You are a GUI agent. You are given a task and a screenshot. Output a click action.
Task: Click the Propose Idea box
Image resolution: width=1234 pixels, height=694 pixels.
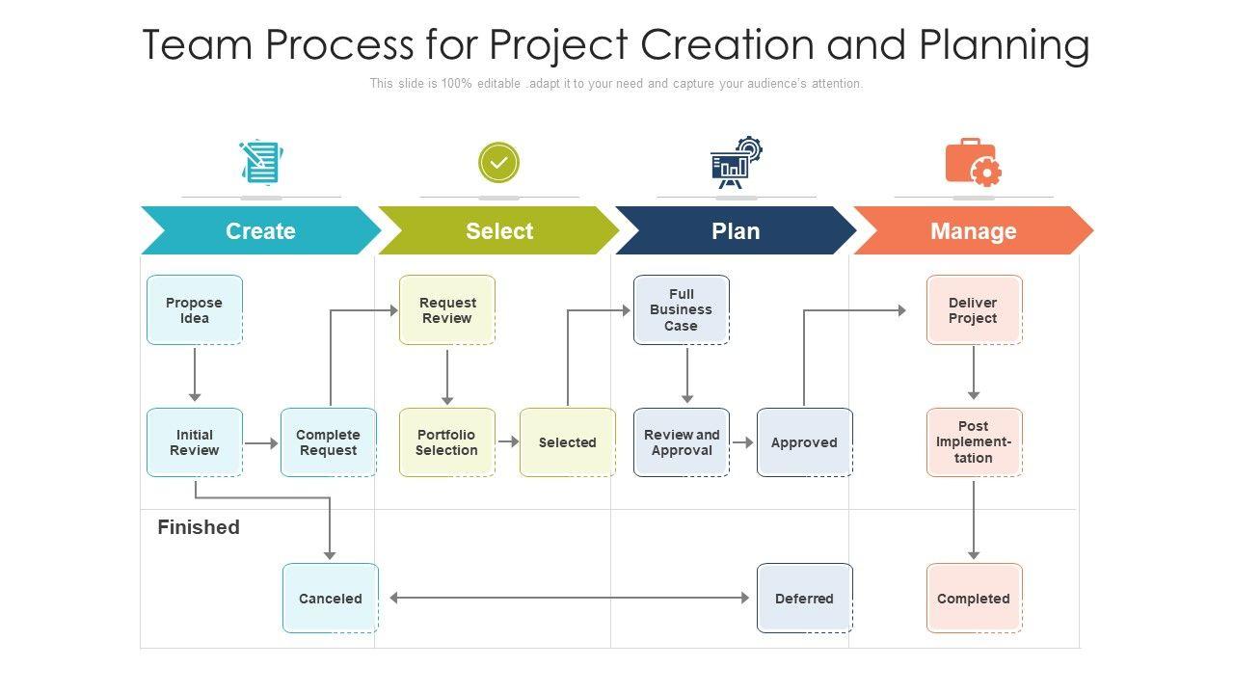pos(195,310)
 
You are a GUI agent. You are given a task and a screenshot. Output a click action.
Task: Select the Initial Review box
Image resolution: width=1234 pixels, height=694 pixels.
pos(195,442)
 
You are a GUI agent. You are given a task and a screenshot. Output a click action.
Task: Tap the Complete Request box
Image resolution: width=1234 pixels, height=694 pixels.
pos(328,442)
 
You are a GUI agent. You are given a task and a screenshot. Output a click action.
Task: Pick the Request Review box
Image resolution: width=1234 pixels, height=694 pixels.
pos(447,310)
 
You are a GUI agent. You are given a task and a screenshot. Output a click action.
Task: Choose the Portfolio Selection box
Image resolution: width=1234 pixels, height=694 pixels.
pos(447,442)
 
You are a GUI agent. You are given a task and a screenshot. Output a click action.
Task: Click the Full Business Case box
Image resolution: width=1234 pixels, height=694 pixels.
pos(682,310)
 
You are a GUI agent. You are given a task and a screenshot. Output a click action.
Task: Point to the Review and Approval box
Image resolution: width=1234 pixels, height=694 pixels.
pos(682,442)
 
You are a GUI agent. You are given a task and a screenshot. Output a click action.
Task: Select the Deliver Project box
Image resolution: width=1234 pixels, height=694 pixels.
pos(974,310)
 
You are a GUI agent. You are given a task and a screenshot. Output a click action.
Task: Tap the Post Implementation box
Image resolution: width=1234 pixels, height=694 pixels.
pos(974,442)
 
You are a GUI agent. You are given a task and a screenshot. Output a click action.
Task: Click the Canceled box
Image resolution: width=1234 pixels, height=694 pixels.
pos(331,599)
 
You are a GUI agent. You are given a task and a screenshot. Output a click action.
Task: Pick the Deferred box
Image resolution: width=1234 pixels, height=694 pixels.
pos(805,599)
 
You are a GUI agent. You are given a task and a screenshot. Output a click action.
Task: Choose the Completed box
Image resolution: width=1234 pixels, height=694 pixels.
pos(974,599)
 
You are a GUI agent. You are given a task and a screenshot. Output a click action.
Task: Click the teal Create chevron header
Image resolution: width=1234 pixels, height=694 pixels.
pos(260,231)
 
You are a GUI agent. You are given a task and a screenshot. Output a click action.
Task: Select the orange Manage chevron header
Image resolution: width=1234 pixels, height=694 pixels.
pos(974,231)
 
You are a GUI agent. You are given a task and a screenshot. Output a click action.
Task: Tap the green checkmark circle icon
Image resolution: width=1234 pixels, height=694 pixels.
pos(498,163)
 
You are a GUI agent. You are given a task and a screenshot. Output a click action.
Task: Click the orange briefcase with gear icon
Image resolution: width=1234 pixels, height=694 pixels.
pos(973,163)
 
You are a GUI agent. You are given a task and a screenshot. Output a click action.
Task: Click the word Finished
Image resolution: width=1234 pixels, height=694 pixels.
pos(199,527)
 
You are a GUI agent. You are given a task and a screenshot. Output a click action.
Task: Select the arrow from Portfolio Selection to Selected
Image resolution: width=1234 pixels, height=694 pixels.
pos(507,443)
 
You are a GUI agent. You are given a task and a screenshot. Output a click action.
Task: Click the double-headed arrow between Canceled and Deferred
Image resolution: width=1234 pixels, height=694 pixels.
pos(569,599)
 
